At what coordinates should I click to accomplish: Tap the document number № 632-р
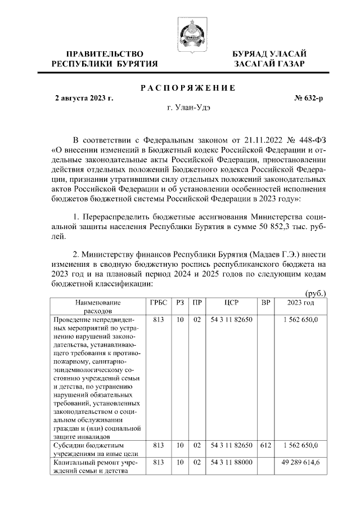coord(309,99)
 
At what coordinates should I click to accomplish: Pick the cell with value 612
coord(266,445)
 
